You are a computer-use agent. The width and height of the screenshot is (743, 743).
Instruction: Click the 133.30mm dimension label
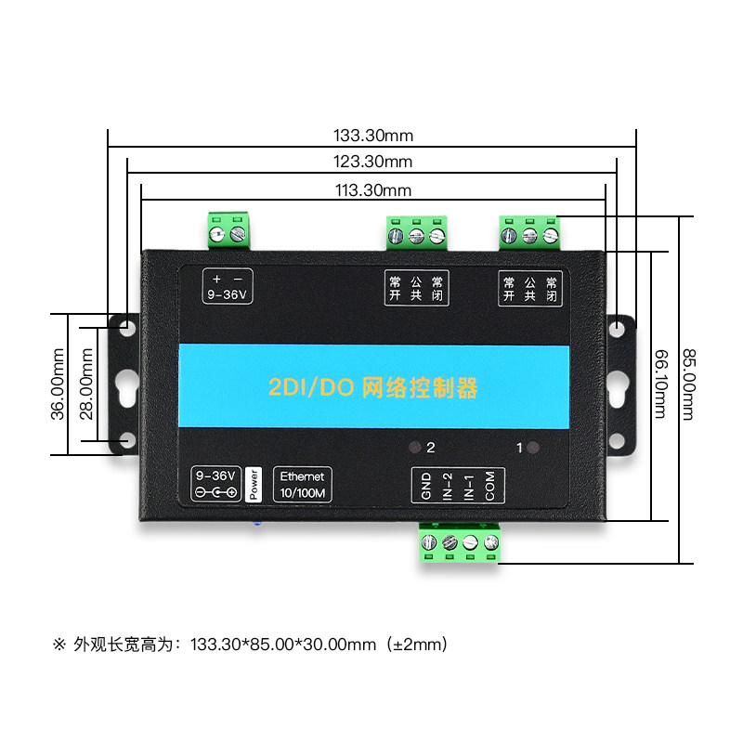(373, 136)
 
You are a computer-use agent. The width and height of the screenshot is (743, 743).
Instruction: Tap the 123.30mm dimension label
(373, 163)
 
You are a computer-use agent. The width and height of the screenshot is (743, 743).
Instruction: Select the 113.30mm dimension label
(373, 190)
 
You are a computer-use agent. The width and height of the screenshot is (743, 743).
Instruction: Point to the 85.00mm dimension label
(688, 384)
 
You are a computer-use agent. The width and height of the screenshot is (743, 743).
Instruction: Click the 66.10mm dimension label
(660, 384)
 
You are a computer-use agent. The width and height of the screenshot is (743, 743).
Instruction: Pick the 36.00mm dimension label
(58, 384)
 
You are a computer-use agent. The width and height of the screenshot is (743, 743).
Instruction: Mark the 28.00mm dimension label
(85, 384)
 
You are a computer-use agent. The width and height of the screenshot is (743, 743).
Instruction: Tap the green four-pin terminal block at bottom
(459, 543)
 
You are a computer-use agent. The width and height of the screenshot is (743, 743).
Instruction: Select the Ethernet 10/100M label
(302, 484)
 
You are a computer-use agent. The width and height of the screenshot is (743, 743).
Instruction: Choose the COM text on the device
(489, 486)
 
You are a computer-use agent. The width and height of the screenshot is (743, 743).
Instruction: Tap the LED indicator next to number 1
(533, 447)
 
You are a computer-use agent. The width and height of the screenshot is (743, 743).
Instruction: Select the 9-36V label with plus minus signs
(228, 287)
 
